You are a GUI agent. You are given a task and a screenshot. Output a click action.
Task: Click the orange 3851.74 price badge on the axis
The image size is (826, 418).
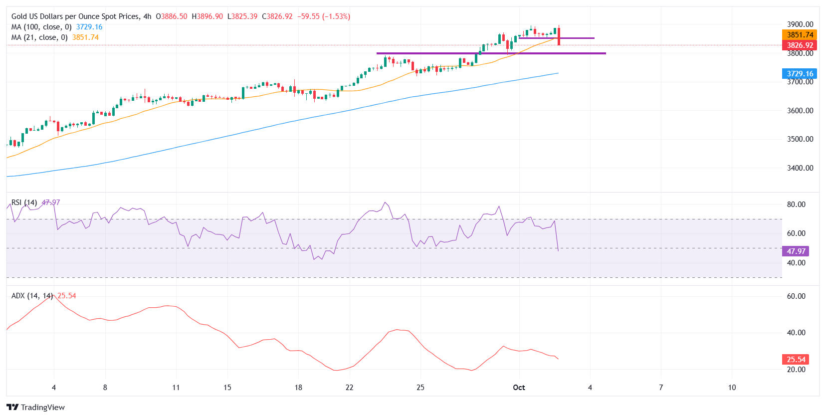800,35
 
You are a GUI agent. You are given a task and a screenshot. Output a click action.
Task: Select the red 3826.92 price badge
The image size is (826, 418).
800,45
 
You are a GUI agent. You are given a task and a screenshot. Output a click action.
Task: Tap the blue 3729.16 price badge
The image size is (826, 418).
800,74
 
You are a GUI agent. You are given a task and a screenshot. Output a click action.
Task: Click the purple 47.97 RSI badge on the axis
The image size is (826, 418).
796,251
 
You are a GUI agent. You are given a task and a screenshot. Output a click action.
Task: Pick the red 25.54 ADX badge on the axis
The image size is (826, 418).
796,360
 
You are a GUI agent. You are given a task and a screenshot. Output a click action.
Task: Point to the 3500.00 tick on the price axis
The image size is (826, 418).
800,139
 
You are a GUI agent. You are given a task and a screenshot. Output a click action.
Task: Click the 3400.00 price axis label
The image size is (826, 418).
800,168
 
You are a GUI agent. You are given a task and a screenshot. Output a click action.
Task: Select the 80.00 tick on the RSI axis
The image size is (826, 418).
796,205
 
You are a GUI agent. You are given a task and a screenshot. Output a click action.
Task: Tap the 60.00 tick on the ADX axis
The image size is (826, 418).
796,296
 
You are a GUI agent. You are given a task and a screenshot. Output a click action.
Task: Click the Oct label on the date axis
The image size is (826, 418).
519,388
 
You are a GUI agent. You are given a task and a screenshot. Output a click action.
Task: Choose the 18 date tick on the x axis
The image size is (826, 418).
298,388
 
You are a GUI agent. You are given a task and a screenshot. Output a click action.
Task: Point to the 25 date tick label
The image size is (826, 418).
420,388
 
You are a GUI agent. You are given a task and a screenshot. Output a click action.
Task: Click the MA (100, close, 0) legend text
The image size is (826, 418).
41,27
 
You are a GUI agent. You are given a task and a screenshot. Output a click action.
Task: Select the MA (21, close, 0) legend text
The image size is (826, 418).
39,37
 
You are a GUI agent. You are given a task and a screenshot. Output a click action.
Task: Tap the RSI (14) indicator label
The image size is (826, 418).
24,203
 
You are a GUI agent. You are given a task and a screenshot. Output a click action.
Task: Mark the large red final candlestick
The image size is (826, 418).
559,36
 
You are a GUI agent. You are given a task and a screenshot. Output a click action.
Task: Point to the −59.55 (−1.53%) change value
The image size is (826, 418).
324,16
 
